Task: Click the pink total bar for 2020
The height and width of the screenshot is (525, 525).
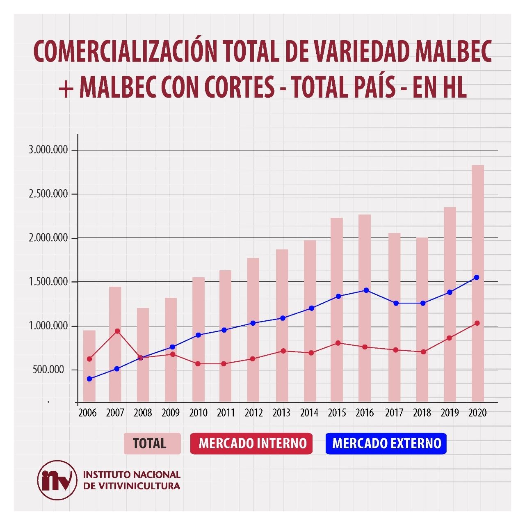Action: click(477, 283)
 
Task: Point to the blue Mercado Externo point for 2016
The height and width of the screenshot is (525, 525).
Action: click(366, 290)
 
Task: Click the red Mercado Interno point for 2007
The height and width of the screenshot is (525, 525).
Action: click(117, 331)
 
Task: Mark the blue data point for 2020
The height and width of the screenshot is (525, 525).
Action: click(477, 278)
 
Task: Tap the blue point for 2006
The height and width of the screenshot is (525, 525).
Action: click(89, 379)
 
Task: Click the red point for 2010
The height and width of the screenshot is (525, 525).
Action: click(198, 364)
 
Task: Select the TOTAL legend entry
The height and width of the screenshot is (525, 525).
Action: click(152, 443)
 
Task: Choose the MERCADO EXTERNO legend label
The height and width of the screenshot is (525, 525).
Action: click(386, 443)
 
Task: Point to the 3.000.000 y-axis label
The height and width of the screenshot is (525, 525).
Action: click(48, 150)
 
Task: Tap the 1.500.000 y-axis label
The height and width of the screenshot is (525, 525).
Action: click(48, 282)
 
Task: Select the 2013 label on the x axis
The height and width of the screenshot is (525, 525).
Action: click(281, 413)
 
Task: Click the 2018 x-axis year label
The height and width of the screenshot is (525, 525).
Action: click(422, 413)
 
